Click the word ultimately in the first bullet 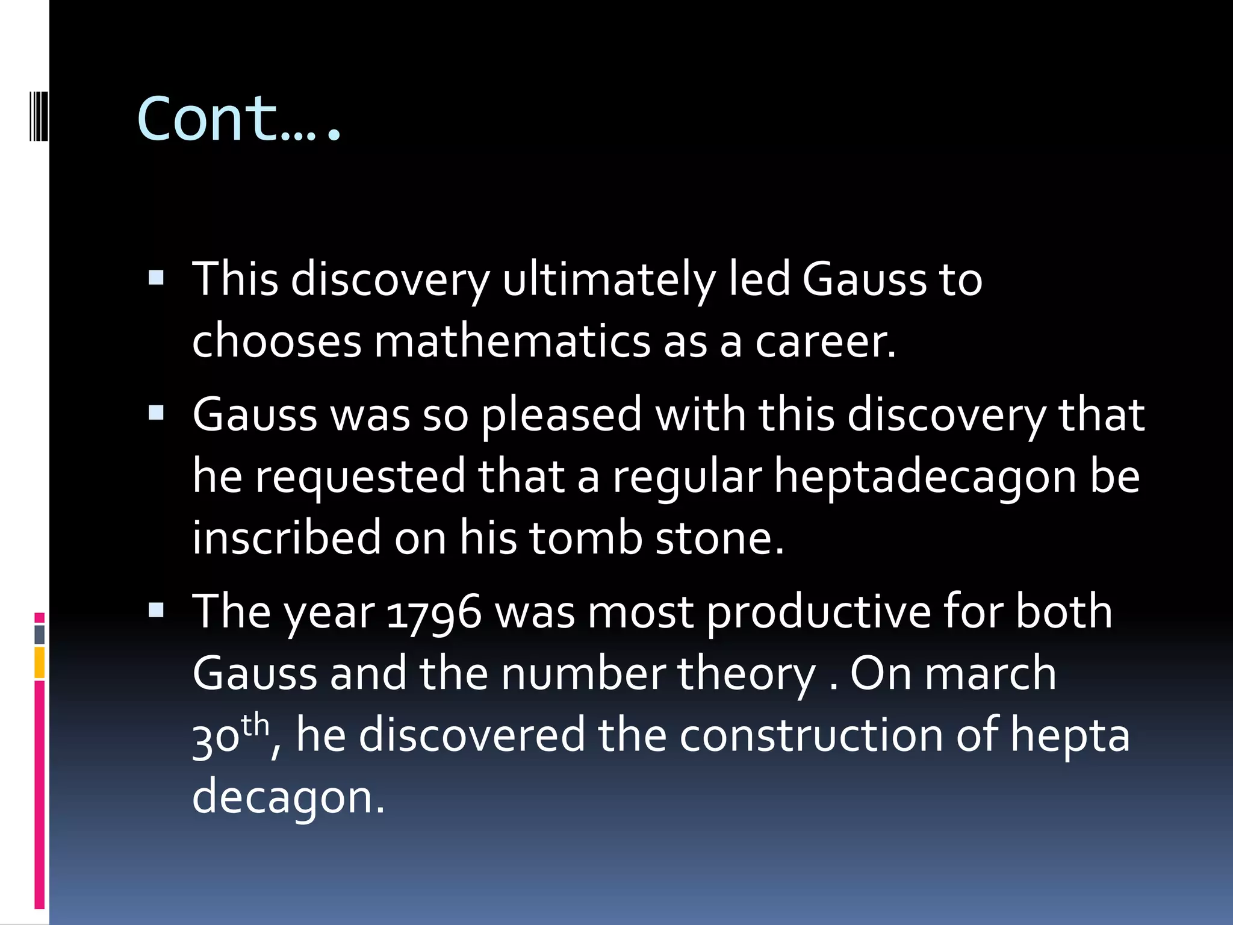[x=608, y=279]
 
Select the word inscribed [x=287, y=537]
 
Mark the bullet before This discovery [x=156, y=278]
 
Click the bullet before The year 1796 [x=156, y=611]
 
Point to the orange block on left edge [x=40, y=662]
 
